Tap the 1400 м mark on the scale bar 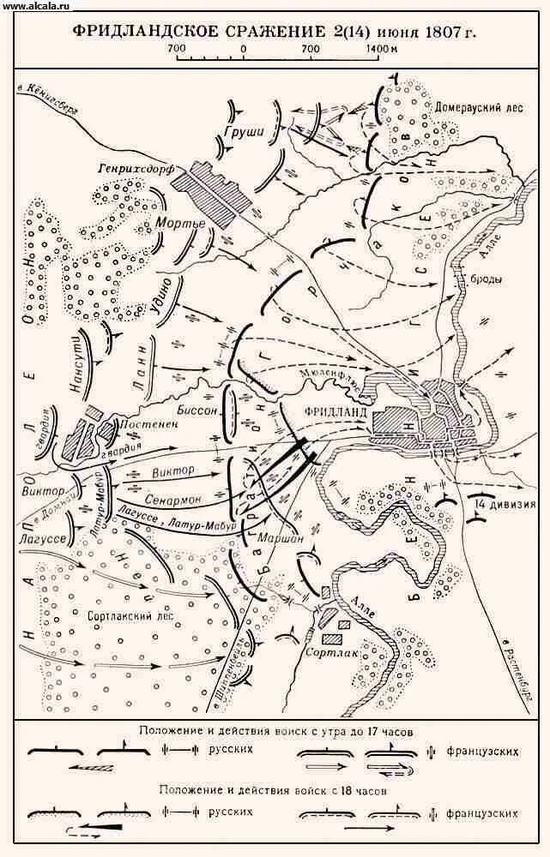click(380, 49)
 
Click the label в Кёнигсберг click(51, 90)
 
